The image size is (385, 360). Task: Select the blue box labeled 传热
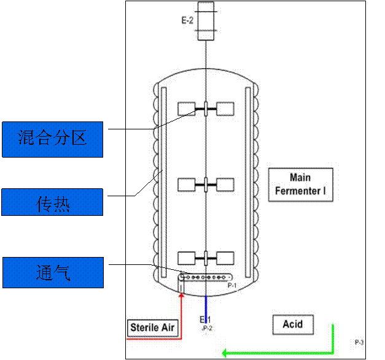tap(52, 202)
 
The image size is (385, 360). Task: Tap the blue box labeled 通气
tap(52, 272)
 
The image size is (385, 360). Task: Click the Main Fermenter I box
tap(300, 184)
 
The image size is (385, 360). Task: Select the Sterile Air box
tap(153, 327)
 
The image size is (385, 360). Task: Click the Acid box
tap(292, 324)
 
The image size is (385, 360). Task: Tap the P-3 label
tap(359, 342)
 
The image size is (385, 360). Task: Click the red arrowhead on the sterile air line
tap(181, 297)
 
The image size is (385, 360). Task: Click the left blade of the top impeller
tap(187, 109)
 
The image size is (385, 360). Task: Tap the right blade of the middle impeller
tap(225, 184)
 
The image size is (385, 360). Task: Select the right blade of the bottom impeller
tap(225, 258)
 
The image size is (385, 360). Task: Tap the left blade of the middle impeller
tap(187, 184)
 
